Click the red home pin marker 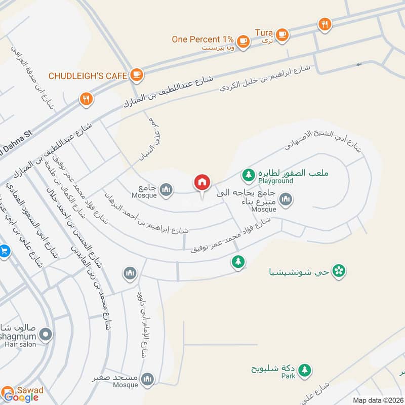pos(202,182)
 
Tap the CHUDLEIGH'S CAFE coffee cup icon pos(136,75)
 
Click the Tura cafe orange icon pos(282,34)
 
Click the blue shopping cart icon pos(5,251)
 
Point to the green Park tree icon pos(304,370)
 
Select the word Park pos(289,377)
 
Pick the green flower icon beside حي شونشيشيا pos(340,271)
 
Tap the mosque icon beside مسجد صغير pos(147,378)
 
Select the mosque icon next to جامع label pos(166,190)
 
